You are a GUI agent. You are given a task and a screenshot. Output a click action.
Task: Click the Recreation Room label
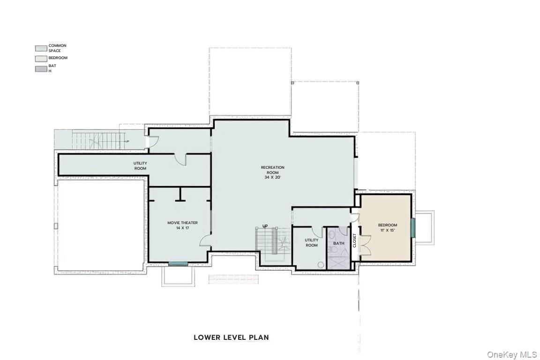272,170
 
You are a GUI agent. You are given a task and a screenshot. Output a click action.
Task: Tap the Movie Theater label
182,223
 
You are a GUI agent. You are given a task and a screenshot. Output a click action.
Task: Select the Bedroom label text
388,225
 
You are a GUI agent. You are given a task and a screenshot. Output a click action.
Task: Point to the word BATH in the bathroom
338,243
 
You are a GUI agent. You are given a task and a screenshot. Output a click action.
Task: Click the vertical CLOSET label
354,240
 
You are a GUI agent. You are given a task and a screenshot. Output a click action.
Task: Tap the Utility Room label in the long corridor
140,166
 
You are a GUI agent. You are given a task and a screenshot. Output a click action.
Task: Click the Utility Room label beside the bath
311,242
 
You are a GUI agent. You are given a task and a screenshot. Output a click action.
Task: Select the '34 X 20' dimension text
273,177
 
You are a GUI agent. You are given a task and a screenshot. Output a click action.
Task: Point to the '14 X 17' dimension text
182,228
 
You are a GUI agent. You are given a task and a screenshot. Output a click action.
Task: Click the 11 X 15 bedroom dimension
388,230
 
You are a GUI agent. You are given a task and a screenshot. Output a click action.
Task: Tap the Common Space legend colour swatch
41,48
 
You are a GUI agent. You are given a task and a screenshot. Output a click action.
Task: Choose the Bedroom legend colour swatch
41,59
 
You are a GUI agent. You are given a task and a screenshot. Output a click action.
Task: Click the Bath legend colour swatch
41,69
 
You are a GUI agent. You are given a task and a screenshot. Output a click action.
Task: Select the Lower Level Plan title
231,337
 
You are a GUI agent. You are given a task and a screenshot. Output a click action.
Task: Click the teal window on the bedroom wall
413,228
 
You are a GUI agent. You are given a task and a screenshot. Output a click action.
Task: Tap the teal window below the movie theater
178,264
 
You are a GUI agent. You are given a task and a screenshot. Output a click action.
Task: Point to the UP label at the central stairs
265,226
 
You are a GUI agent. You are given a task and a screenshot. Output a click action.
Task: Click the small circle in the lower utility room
321,265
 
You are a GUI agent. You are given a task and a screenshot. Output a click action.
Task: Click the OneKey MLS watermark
512,354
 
